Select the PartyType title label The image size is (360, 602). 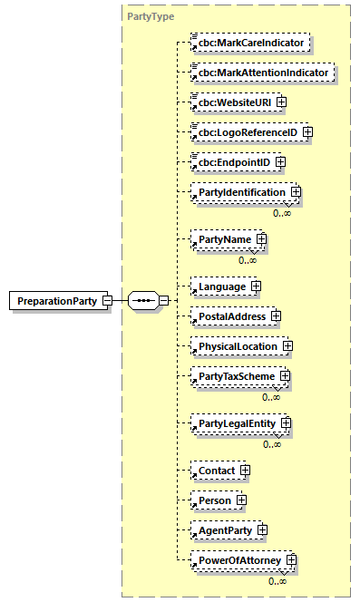150,17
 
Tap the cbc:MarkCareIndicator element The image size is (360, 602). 249,42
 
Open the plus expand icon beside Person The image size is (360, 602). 241,500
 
